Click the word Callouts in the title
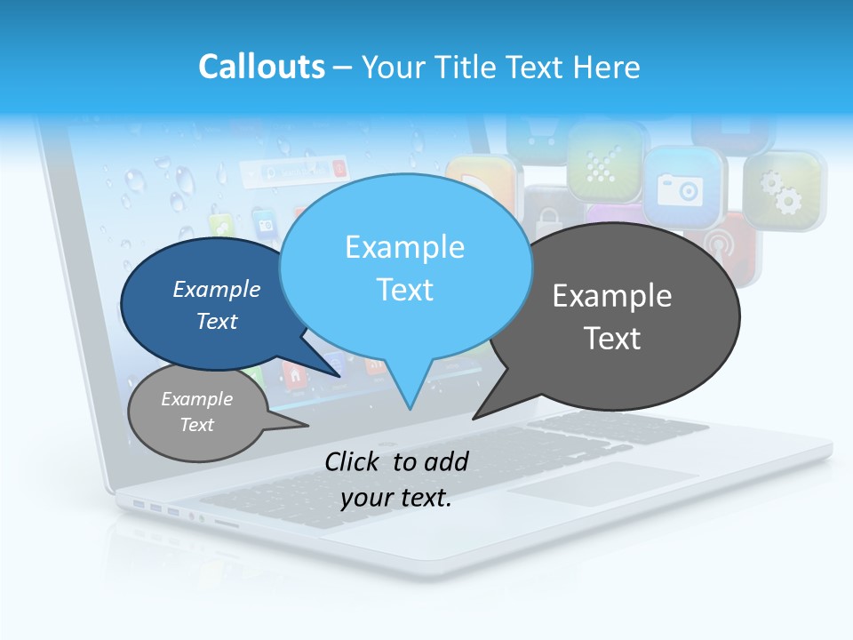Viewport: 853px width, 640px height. point(261,67)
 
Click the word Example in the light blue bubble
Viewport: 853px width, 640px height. point(404,247)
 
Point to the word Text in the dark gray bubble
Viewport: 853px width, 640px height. point(612,339)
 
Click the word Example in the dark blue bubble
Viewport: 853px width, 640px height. point(217,289)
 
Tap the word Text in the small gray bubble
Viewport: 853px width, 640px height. point(197,425)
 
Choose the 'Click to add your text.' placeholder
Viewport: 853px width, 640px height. point(396,479)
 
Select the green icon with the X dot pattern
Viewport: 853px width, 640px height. point(605,161)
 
